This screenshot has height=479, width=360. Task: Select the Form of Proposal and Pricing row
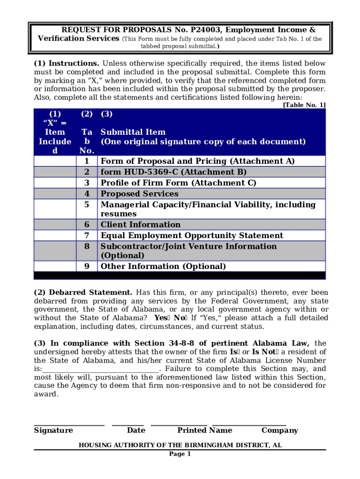click(x=197, y=161)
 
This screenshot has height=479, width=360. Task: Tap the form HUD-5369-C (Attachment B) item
click(x=173, y=172)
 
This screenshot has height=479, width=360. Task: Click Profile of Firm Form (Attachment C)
click(x=179, y=183)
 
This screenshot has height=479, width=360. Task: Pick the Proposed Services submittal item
click(x=139, y=194)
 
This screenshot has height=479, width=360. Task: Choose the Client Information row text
click(x=140, y=225)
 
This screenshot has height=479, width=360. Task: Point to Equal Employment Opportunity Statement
click(x=192, y=235)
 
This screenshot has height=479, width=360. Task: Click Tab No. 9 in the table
click(x=86, y=267)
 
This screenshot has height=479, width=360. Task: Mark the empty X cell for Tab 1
click(x=55, y=161)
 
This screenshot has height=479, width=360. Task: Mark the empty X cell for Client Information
click(x=55, y=225)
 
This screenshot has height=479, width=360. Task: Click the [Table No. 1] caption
click(x=304, y=105)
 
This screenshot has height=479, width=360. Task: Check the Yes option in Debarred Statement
click(x=165, y=318)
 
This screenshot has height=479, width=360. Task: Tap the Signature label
click(x=53, y=430)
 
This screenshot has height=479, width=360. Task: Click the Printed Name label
click(x=204, y=430)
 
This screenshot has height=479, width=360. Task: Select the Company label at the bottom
click(x=279, y=430)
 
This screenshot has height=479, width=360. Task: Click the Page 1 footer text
click(x=180, y=454)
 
